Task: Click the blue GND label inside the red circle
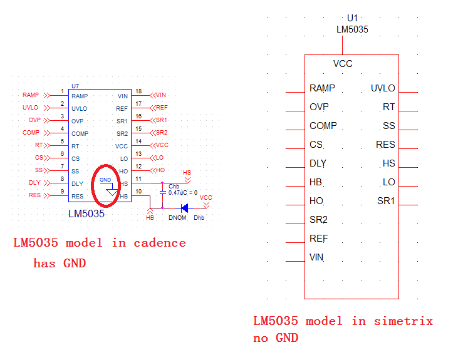click(105, 180)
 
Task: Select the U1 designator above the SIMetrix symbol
click(352, 18)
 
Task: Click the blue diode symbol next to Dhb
click(184, 208)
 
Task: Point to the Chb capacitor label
click(174, 187)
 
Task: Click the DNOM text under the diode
click(177, 218)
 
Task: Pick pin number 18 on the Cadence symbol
click(138, 91)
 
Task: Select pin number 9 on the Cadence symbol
click(62, 191)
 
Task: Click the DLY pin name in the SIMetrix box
click(318, 163)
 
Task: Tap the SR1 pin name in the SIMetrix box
click(386, 201)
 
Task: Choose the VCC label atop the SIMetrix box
click(343, 64)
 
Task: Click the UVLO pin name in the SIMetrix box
click(383, 88)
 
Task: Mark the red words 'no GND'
click(276, 338)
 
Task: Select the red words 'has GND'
click(60, 264)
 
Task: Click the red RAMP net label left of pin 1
click(31, 95)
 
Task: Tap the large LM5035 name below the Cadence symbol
click(86, 214)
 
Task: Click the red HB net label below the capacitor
click(150, 218)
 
